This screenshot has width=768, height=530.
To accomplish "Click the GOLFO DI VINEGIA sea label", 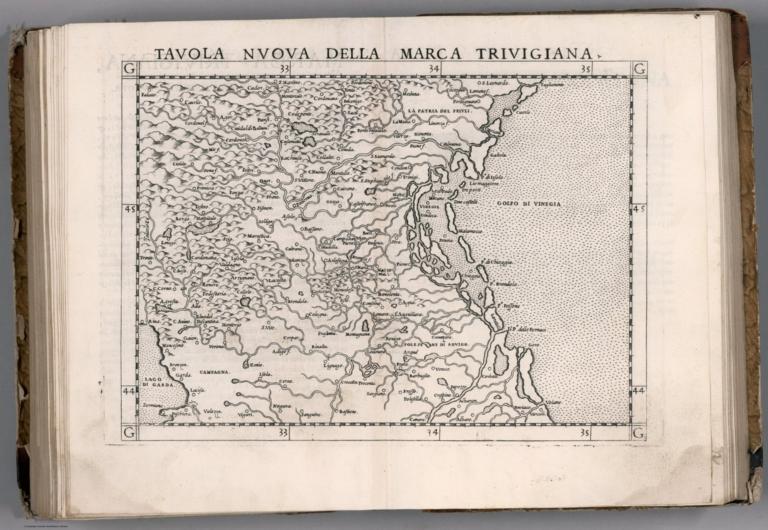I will click(529, 204).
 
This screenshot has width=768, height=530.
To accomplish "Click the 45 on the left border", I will click(129, 210).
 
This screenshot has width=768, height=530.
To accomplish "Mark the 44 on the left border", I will click(129, 391).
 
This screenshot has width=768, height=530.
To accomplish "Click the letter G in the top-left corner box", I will click(129, 68).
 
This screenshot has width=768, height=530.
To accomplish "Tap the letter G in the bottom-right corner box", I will click(639, 433).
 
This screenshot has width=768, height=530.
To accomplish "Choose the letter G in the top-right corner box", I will click(639, 68).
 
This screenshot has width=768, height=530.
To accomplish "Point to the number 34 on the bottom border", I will click(433, 434).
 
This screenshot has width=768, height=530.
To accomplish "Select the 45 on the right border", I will click(639, 209).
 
